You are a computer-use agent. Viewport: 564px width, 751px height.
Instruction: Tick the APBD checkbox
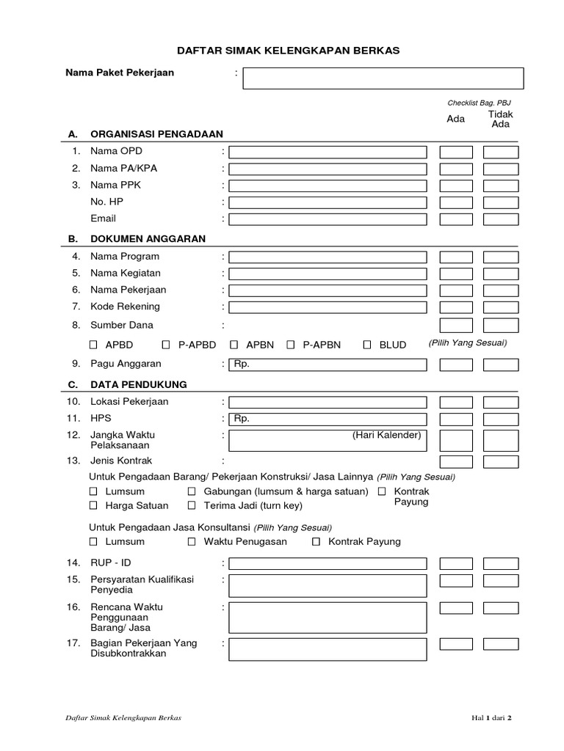(93, 344)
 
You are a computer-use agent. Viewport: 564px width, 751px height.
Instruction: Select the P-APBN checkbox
(291, 344)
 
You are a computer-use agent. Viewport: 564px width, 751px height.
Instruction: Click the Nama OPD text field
(328, 152)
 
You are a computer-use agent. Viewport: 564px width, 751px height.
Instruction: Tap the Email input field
(328, 219)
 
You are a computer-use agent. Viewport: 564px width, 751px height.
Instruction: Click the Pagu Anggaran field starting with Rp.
(328, 364)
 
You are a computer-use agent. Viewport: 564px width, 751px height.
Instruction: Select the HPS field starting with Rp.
(328, 419)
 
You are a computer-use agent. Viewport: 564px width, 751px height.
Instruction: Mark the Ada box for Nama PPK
(456, 186)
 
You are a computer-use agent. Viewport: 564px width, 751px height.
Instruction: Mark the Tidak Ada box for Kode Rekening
(500, 307)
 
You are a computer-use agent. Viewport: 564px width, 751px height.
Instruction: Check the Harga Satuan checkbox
(93, 505)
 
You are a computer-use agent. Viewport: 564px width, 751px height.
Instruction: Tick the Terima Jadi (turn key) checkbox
(191, 505)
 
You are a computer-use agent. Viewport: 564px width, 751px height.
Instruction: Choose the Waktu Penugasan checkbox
(191, 542)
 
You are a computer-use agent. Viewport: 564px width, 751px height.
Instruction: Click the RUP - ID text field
(328, 563)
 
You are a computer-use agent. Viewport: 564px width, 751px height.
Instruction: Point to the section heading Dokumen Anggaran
(148, 239)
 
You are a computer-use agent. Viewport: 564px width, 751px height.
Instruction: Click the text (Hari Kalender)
(386, 436)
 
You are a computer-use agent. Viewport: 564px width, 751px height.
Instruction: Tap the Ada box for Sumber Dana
(456, 326)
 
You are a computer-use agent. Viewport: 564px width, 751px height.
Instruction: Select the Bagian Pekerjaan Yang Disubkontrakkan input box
(328, 649)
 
